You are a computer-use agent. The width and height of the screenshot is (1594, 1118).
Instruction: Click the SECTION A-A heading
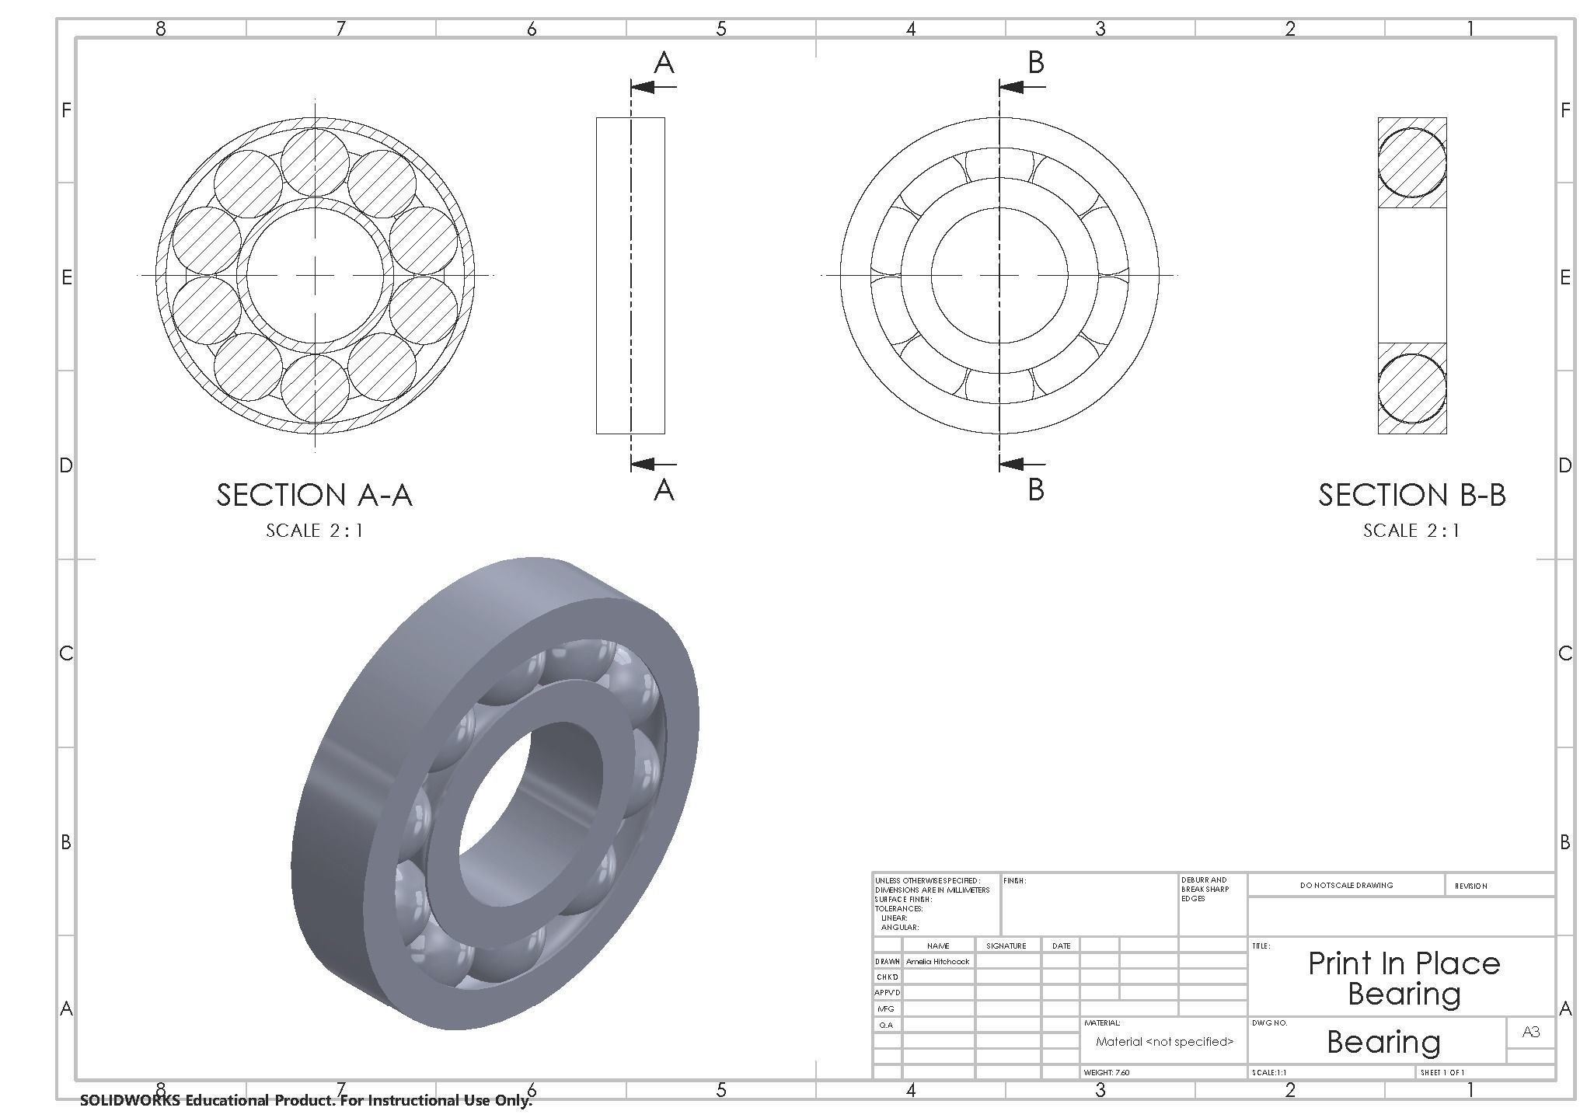(x=314, y=495)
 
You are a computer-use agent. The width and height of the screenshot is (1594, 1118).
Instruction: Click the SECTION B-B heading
(x=1411, y=495)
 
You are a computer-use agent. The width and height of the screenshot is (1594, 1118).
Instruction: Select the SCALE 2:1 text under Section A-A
(x=314, y=531)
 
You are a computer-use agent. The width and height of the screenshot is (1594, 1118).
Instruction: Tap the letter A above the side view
(x=664, y=63)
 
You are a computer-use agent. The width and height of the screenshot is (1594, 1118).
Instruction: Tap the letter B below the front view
(x=1035, y=489)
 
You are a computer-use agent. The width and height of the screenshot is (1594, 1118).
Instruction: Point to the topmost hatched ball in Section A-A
(x=315, y=160)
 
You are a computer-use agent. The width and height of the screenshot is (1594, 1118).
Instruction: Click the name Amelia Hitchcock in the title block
(x=937, y=962)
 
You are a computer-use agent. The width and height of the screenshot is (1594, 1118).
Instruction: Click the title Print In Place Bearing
(x=1404, y=978)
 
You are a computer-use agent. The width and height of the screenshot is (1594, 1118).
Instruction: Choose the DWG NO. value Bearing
(x=1383, y=1042)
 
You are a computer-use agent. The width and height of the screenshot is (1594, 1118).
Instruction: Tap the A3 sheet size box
(x=1530, y=1032)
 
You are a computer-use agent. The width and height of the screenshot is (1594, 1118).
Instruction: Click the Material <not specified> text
(x=1164, y=1042)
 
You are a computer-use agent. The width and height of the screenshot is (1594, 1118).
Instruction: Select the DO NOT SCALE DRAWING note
(x=1346, y=885)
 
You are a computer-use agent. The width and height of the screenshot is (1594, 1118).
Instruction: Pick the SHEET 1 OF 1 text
(x=1442, y=1073)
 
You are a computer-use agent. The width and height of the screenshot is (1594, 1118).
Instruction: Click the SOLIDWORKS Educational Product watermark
(x=306, y=1100)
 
